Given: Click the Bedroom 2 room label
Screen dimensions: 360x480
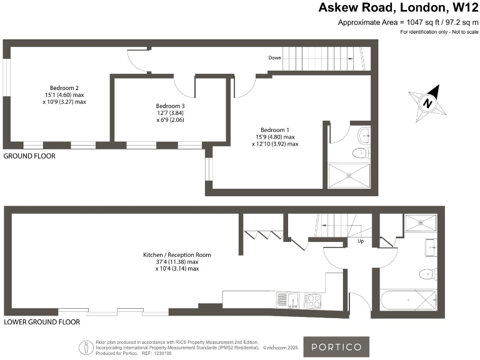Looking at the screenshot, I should [x=68, y=94].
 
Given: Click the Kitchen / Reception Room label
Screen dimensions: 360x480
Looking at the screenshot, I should [x=177, y=262].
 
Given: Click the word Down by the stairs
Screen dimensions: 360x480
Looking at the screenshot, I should [x=274, y=58].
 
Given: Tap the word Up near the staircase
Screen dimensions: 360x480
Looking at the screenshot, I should [x=361, y=241].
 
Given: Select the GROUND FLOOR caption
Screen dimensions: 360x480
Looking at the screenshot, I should [x=29, y=156].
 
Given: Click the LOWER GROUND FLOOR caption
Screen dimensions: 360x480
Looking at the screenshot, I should [x=42, y=322].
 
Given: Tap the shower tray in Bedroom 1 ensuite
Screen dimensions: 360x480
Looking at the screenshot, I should [x=349, y=176].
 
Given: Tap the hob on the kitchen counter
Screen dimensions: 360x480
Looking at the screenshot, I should [x=312, y=301].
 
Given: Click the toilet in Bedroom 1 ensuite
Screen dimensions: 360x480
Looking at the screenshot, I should [x=360, y=153].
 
